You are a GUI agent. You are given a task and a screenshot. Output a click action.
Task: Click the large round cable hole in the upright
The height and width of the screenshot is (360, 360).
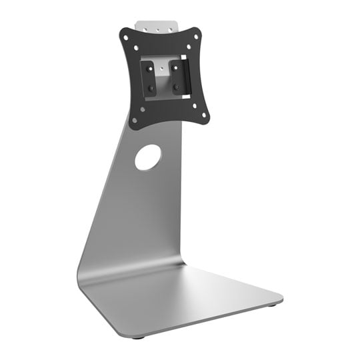(148, 157)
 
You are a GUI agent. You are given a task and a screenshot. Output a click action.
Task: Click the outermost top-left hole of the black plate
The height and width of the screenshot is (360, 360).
(126, 37)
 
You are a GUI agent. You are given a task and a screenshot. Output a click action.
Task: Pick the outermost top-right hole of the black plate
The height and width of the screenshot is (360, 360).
(196, 36)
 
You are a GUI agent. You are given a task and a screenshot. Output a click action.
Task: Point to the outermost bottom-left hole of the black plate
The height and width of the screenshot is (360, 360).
(134, 121)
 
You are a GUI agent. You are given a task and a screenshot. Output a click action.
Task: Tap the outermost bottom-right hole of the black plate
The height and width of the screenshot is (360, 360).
(204, 115)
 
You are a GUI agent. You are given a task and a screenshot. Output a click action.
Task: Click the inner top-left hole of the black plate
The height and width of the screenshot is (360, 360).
(136, 47)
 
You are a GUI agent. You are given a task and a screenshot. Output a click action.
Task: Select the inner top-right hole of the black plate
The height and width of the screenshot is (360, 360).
(189, 47)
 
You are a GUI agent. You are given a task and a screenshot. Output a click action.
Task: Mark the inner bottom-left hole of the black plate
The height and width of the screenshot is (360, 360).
(142, 109)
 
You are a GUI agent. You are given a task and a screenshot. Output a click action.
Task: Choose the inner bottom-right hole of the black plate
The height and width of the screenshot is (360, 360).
(195, 105)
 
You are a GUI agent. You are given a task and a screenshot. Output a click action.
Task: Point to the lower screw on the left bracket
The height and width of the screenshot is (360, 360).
(151, 89)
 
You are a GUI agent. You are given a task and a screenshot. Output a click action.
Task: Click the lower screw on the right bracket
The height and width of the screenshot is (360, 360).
(176, 87)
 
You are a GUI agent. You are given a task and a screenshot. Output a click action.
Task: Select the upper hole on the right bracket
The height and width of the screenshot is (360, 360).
(176, 67)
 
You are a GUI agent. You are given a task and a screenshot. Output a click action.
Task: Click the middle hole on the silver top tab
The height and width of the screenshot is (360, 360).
(157, 30)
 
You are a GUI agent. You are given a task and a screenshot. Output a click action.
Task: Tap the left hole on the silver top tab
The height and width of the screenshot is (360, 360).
(145, 29)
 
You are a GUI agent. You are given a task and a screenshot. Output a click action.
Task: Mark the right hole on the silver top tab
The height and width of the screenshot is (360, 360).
(170, 30)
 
